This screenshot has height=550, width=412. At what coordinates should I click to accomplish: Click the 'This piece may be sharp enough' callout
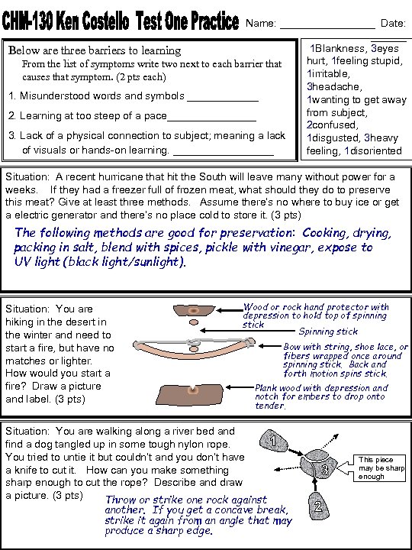tap(380, 468)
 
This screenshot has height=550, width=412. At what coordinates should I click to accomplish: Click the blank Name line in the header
tap(327, 28)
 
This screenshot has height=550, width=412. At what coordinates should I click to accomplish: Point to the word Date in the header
tap(393, 23)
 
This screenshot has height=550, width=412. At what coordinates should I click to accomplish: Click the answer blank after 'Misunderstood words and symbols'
tap(223, 101)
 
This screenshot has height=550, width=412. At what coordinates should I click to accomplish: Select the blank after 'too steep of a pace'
tap(211, 121)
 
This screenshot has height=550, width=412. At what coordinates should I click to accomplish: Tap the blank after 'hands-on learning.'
tap(224, 154)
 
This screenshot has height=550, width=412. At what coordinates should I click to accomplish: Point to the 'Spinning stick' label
tap(328, 332)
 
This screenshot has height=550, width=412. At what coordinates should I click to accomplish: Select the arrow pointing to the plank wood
tap(240, 387)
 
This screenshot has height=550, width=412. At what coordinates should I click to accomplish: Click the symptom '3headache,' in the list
tap(333, 86)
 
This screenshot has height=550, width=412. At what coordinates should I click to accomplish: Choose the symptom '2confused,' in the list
tap(332, 125)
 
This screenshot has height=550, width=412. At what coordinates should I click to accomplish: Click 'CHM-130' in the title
tap(27, 21)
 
